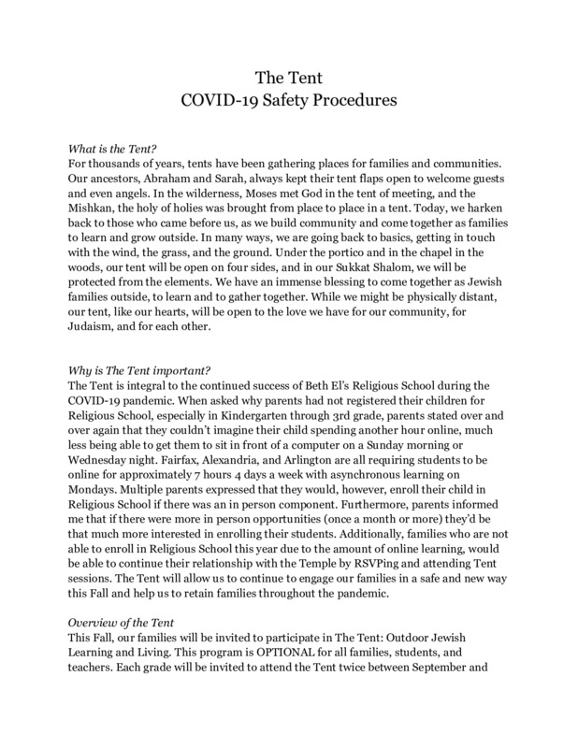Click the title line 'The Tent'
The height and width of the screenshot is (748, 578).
(288, 76)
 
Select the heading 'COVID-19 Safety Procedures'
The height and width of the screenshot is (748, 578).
(288, 97)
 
